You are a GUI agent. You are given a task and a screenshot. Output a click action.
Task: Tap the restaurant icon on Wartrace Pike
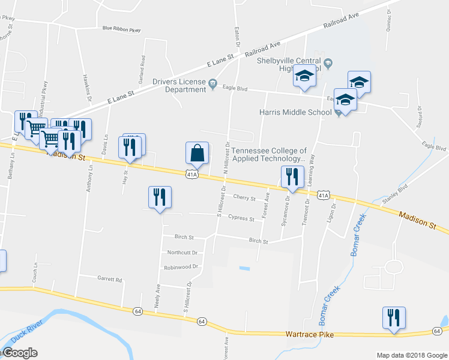[x=394, y=318]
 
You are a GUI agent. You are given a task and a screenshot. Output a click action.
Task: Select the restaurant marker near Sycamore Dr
[x=292, y=176]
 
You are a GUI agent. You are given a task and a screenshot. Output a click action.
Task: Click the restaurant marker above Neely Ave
[x=160, y=197]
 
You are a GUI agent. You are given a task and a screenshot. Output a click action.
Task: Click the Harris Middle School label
[x=295, y=112]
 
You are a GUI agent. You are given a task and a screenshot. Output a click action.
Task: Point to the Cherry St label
[x=244, y=197]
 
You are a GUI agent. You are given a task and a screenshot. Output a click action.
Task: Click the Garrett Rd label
[x=109, y=279]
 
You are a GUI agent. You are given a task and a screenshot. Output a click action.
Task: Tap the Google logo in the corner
[x=20, y=353]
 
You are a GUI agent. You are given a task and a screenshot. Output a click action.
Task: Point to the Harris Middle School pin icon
[x=339, y=112]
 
